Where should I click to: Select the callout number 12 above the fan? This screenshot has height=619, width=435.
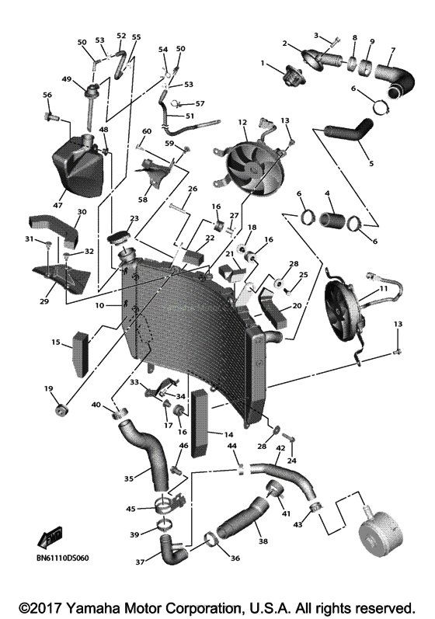[x=242, y=122]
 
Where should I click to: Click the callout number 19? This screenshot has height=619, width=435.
[x=48, y=388]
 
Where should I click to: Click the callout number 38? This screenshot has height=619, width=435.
[x=262, y=541]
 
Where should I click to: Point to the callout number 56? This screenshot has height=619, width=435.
[x=47, y=95]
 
